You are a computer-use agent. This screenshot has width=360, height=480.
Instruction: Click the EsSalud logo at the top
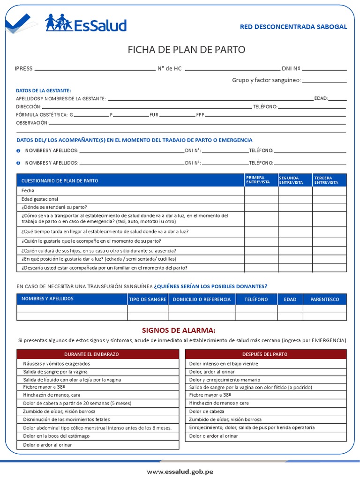click(x=86, y=23)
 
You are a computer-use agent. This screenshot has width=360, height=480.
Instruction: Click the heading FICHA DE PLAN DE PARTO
click(x=187, y=50)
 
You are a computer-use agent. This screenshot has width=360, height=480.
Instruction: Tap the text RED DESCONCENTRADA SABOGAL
click(x=293, y=27)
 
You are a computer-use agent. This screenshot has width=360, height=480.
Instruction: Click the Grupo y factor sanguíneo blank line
click(x=324, y=80)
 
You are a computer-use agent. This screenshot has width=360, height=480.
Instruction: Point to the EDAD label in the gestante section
click(x=321, y=98)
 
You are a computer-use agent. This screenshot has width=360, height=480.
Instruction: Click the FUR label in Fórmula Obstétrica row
click(x=154, y=114)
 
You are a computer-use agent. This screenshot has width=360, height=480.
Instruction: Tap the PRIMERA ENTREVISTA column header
click(x=258, y=180)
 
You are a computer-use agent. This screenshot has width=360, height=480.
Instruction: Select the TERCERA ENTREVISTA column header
click(x=326, y=180)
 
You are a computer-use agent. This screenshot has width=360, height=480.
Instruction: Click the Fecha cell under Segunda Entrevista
click(x=295, y=191)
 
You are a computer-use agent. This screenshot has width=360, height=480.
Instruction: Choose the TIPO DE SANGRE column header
click(x=148, y=299)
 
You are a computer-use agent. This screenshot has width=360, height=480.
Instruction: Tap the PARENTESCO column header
click(x=324, y=299)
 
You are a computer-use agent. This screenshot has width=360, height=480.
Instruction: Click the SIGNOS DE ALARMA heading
click(x=179, y=330)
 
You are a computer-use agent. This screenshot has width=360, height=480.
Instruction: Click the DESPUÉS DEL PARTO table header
click(x=265, y=354)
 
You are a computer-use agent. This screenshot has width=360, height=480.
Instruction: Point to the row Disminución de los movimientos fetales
click(x=67, y=420)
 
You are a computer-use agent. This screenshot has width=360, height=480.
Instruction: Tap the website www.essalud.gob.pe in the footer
click(x=180, y=471)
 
